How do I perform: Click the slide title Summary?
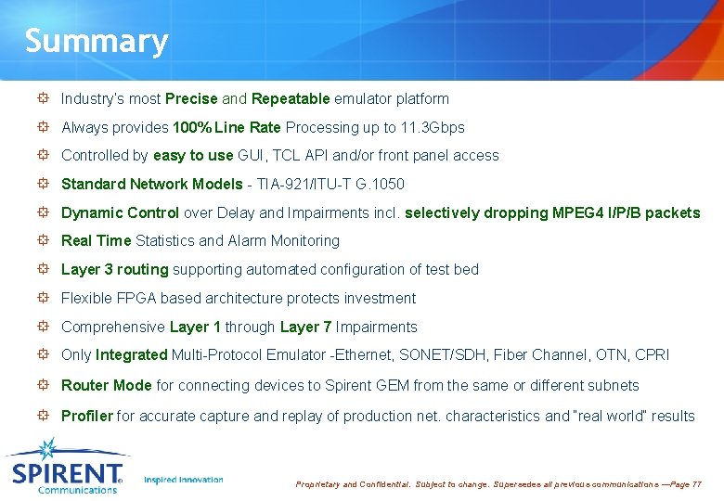(x=97, y=41)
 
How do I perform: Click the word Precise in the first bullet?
(x=191, y=98)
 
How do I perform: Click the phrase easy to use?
(x=193, y=156)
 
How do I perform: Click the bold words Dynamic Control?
(x=121, y=212)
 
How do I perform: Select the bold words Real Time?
(x=96, y=241)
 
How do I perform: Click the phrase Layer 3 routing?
(x=114, y=270)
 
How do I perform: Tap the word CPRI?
(x=652, y=354)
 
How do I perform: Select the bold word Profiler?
(x=86, y=416)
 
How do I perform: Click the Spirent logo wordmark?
(x=67, y=473)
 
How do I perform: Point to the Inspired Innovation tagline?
(x=184, y=480)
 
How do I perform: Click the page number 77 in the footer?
(x=696, y=484)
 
